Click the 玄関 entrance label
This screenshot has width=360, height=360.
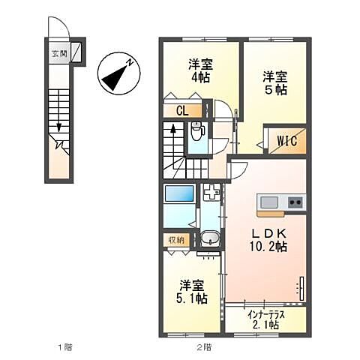pyautogui.click(x=58, y=53)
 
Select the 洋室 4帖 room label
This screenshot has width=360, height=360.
pyautogui.click(x=199, y=70)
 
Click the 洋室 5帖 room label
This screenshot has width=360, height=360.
pyautogui.click(x=274, y=82)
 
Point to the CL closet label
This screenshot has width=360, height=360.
pyautogui.click(x=181, y=112)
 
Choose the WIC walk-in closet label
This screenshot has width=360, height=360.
pyautogui.click(x=286, y=140)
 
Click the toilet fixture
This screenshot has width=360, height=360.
pyautogui.click(x=196, y=132)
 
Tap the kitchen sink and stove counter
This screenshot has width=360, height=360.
pyautogui.click(x=280, y=202)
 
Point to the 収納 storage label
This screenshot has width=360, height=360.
pyautogui.click(x=175, y=240)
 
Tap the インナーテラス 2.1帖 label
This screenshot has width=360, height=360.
pyautogui.click(x=265, y=321)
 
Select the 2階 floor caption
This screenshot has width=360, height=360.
pyautogui.click(x=204, y=347)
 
